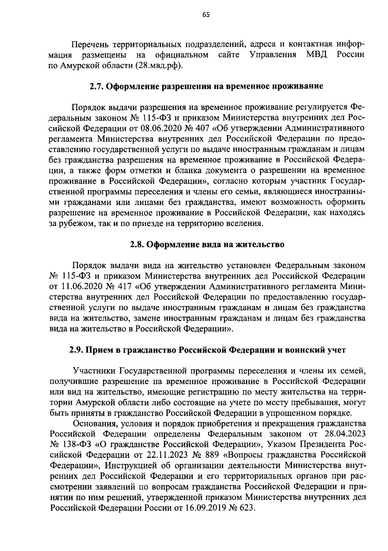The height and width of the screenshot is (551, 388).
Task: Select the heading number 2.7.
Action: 96,87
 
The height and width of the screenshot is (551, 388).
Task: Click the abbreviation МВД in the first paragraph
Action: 316,55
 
